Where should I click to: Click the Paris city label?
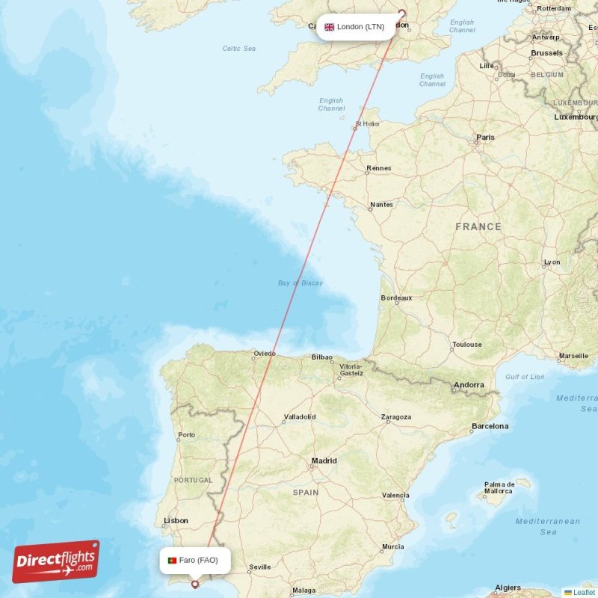click(486, 138)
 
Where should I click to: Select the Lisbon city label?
click(176, 520)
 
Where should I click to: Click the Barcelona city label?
click(490, 426)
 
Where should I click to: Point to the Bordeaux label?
click(396, 298)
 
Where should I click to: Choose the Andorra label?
click(469, 385)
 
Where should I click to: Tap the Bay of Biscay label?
click(300, 283)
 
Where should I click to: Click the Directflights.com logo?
click(56, 561)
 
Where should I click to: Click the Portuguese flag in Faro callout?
click(172, 560)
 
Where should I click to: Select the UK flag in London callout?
click(329, 27)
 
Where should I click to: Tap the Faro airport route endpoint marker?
click(196, 585)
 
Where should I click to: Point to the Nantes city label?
click(381, 205)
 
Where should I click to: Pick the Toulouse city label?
click(466, 345)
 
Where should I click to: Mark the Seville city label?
click(259, 567)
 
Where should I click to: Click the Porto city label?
click(186, 434)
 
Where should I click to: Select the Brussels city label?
click(546, 53)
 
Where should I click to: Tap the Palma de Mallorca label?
click(499, 487)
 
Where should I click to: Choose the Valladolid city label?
click(299, 416)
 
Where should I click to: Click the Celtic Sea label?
click(239, 49)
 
